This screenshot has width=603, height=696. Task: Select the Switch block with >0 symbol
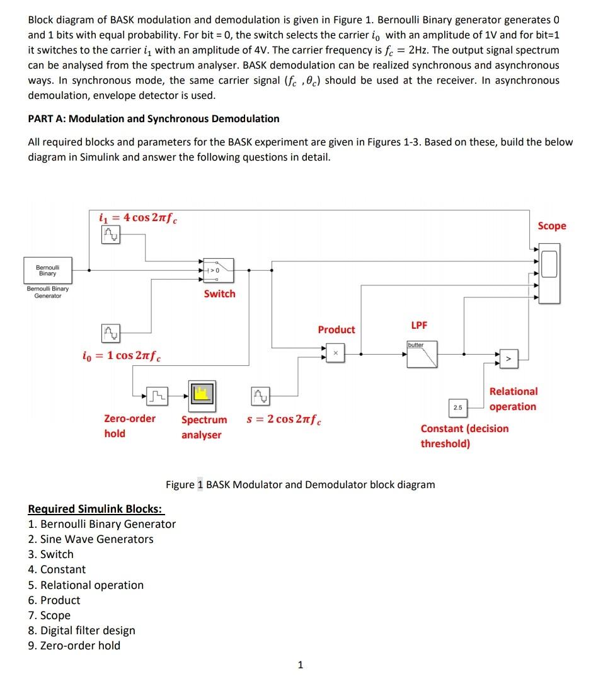tap(219, 270)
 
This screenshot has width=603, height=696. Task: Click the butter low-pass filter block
tap(422, 354)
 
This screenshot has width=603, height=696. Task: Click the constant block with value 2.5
tap(457, 408)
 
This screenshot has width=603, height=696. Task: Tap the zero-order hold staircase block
tap(158, 395)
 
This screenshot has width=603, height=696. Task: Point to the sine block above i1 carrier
tap(111, 236)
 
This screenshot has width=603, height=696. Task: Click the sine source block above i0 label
tap(111, 332)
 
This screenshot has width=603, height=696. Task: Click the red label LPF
tap(419, 325)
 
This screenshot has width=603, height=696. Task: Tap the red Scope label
tap(551, 225)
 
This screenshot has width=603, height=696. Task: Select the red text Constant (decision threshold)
tap(464, 436)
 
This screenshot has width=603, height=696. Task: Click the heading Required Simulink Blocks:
tap(95, 508)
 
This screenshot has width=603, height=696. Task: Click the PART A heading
tap(154, 118)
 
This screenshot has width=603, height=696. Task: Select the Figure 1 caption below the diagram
tap(300, 484)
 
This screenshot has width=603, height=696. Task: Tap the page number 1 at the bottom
tap(301, 664)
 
